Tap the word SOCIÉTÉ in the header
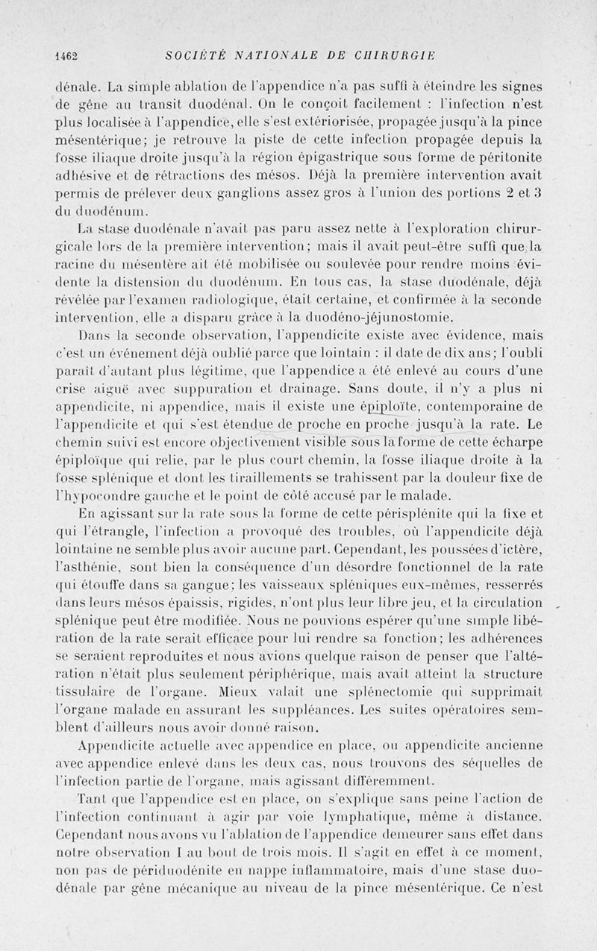pyautogui.click(x=190, y=54)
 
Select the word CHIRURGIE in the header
pyautogui.click(x=398, y=54)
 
